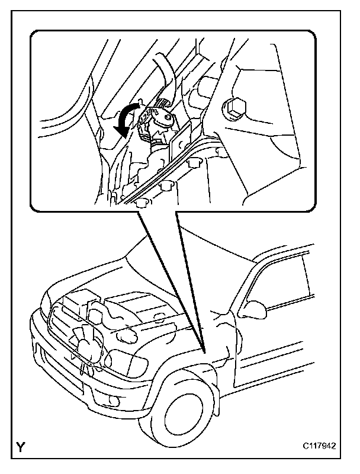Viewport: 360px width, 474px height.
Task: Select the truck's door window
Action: tap(278, 284)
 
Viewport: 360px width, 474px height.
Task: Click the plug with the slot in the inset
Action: tap(168, 118)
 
